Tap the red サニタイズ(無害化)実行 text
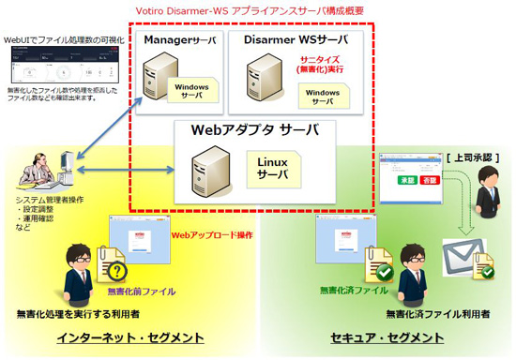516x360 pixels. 321,63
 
